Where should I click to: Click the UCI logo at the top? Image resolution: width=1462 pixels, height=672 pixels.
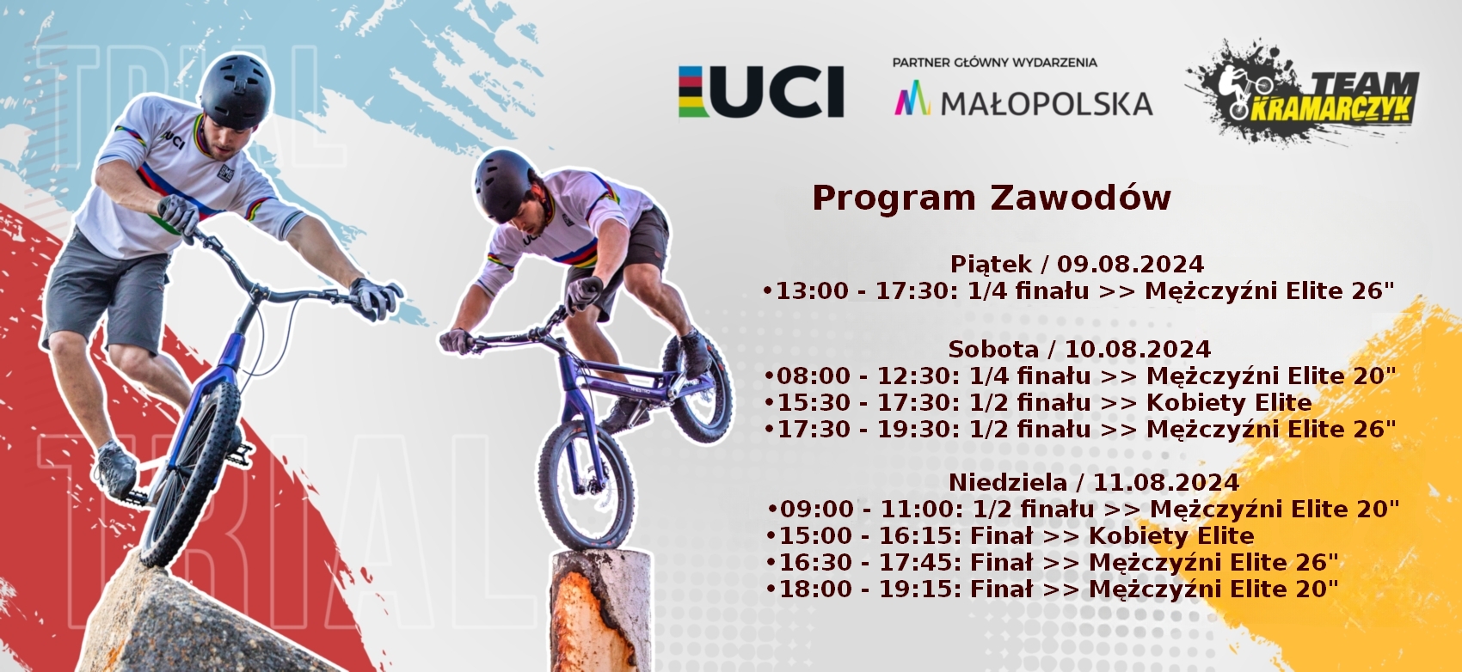point(761,91)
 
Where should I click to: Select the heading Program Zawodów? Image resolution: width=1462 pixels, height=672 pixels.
point(992,197)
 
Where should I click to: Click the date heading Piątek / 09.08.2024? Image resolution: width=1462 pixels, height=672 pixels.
point(1077,264)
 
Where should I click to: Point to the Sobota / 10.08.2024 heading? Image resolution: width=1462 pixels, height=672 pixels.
point(1079,349)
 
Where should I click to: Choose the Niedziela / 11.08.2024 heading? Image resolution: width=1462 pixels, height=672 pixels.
point(1094,482)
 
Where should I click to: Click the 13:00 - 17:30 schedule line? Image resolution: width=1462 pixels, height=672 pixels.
point(1078,291)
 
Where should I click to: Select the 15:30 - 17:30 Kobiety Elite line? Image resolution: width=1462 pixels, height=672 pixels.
point(1038,402)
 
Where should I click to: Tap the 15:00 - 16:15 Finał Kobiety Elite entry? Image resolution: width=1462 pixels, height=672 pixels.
point(1010,535)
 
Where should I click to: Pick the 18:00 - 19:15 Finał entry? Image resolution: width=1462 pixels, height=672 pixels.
point(1053,590)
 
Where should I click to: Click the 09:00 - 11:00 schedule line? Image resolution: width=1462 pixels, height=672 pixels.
point(1084,509)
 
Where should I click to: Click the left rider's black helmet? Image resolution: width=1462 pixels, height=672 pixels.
point(236,91)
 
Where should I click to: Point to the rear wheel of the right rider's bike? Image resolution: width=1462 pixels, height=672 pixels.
point(699,387)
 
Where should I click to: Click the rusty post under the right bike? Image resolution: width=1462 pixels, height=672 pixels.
point(601,611)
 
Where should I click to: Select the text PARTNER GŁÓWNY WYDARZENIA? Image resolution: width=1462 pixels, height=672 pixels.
point(995,63)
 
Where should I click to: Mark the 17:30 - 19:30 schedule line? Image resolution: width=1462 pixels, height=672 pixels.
point(1080,430)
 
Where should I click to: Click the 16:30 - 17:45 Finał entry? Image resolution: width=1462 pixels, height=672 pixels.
point(1053,562)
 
